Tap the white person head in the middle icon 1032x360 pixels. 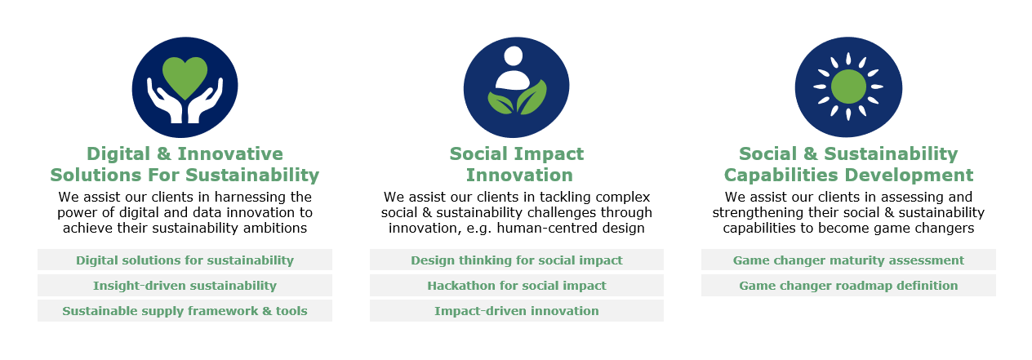(513, 56)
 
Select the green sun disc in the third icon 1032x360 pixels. (848, 87)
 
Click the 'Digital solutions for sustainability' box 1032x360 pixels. (185, 260)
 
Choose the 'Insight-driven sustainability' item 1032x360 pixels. (185, 286)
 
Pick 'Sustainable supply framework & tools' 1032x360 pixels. (185, 311)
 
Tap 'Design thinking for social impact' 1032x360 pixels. (517, 260)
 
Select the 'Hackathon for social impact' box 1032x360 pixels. (517, 286)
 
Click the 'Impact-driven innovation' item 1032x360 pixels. (517, 311)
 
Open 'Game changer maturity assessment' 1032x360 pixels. (848, 260)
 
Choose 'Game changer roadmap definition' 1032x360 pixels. (848, 286)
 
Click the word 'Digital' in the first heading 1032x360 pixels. (118, 154)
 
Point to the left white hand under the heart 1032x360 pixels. (164, 102)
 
